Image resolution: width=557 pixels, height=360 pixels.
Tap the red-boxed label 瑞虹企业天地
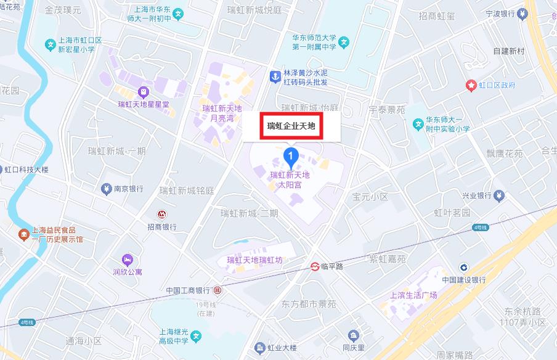tap(291, 126)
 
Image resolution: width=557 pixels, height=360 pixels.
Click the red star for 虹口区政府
tap(471, 85)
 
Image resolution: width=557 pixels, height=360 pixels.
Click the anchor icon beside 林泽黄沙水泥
tap(275, 77)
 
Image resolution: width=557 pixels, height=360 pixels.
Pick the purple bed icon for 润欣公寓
tap(128, 259)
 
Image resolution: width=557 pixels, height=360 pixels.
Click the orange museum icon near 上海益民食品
tap(23, 234)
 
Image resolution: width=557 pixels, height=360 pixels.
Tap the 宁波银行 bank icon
tap(522, 13)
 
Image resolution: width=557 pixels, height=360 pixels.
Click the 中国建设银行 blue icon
tap(463, 267)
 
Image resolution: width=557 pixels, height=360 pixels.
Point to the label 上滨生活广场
tap(413, 295)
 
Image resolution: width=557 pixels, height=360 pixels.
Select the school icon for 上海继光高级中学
tap(195, 337)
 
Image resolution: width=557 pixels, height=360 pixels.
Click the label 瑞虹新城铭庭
tap(186, 190)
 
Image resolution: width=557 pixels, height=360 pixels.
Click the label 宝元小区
tap(370, 197)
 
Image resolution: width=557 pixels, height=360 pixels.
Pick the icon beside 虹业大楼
tap(261, 348)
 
